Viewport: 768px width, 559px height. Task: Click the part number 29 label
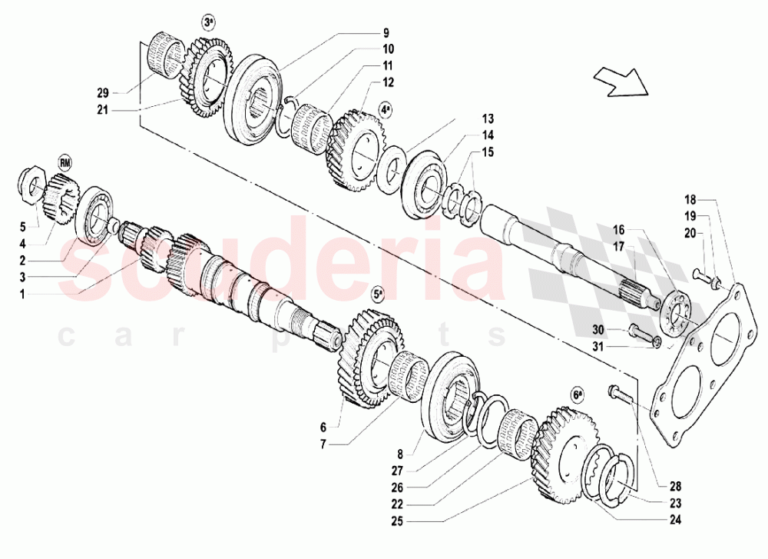click(103, 93)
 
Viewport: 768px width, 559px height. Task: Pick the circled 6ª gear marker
click(578, 394)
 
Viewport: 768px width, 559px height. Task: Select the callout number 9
click(386, 33)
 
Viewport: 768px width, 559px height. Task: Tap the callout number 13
click(488, 119)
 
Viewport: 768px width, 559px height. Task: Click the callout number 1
click(23, 293)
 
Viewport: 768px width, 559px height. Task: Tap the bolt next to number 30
click(640, 331)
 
